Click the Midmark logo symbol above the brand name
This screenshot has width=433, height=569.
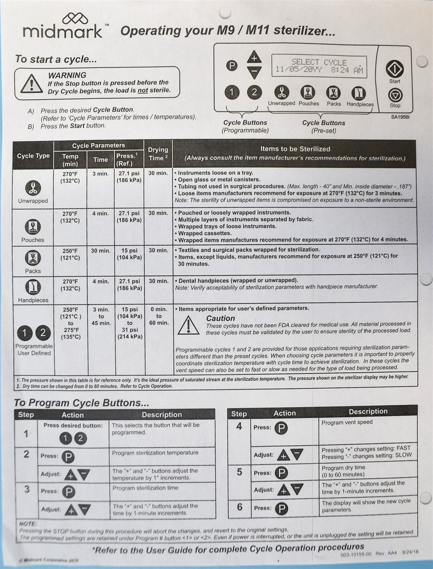point(75,19)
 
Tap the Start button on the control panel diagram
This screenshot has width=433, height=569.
point(395,69)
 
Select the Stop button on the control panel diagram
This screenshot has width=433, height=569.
point(395,95)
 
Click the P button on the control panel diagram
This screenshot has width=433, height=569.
point(232,66)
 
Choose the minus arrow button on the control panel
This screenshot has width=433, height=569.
point(254,73)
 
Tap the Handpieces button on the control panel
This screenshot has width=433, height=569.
point(358,93)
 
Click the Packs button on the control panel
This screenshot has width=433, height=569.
point(333,93)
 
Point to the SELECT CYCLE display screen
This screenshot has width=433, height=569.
point(319,66)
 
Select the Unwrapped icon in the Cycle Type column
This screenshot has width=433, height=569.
point(33,188)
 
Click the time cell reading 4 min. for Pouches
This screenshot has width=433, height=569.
point(101,213)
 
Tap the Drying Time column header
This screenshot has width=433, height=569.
point(158,154)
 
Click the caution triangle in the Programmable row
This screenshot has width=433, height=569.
point(188,325)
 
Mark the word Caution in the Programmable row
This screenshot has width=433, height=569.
point(221,318)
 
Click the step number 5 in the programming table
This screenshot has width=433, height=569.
point(239,472)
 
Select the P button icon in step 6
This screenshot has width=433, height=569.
point(281,508)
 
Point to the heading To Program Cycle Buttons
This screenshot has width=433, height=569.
point(81,403)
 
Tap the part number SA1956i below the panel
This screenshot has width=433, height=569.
point(400,116)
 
